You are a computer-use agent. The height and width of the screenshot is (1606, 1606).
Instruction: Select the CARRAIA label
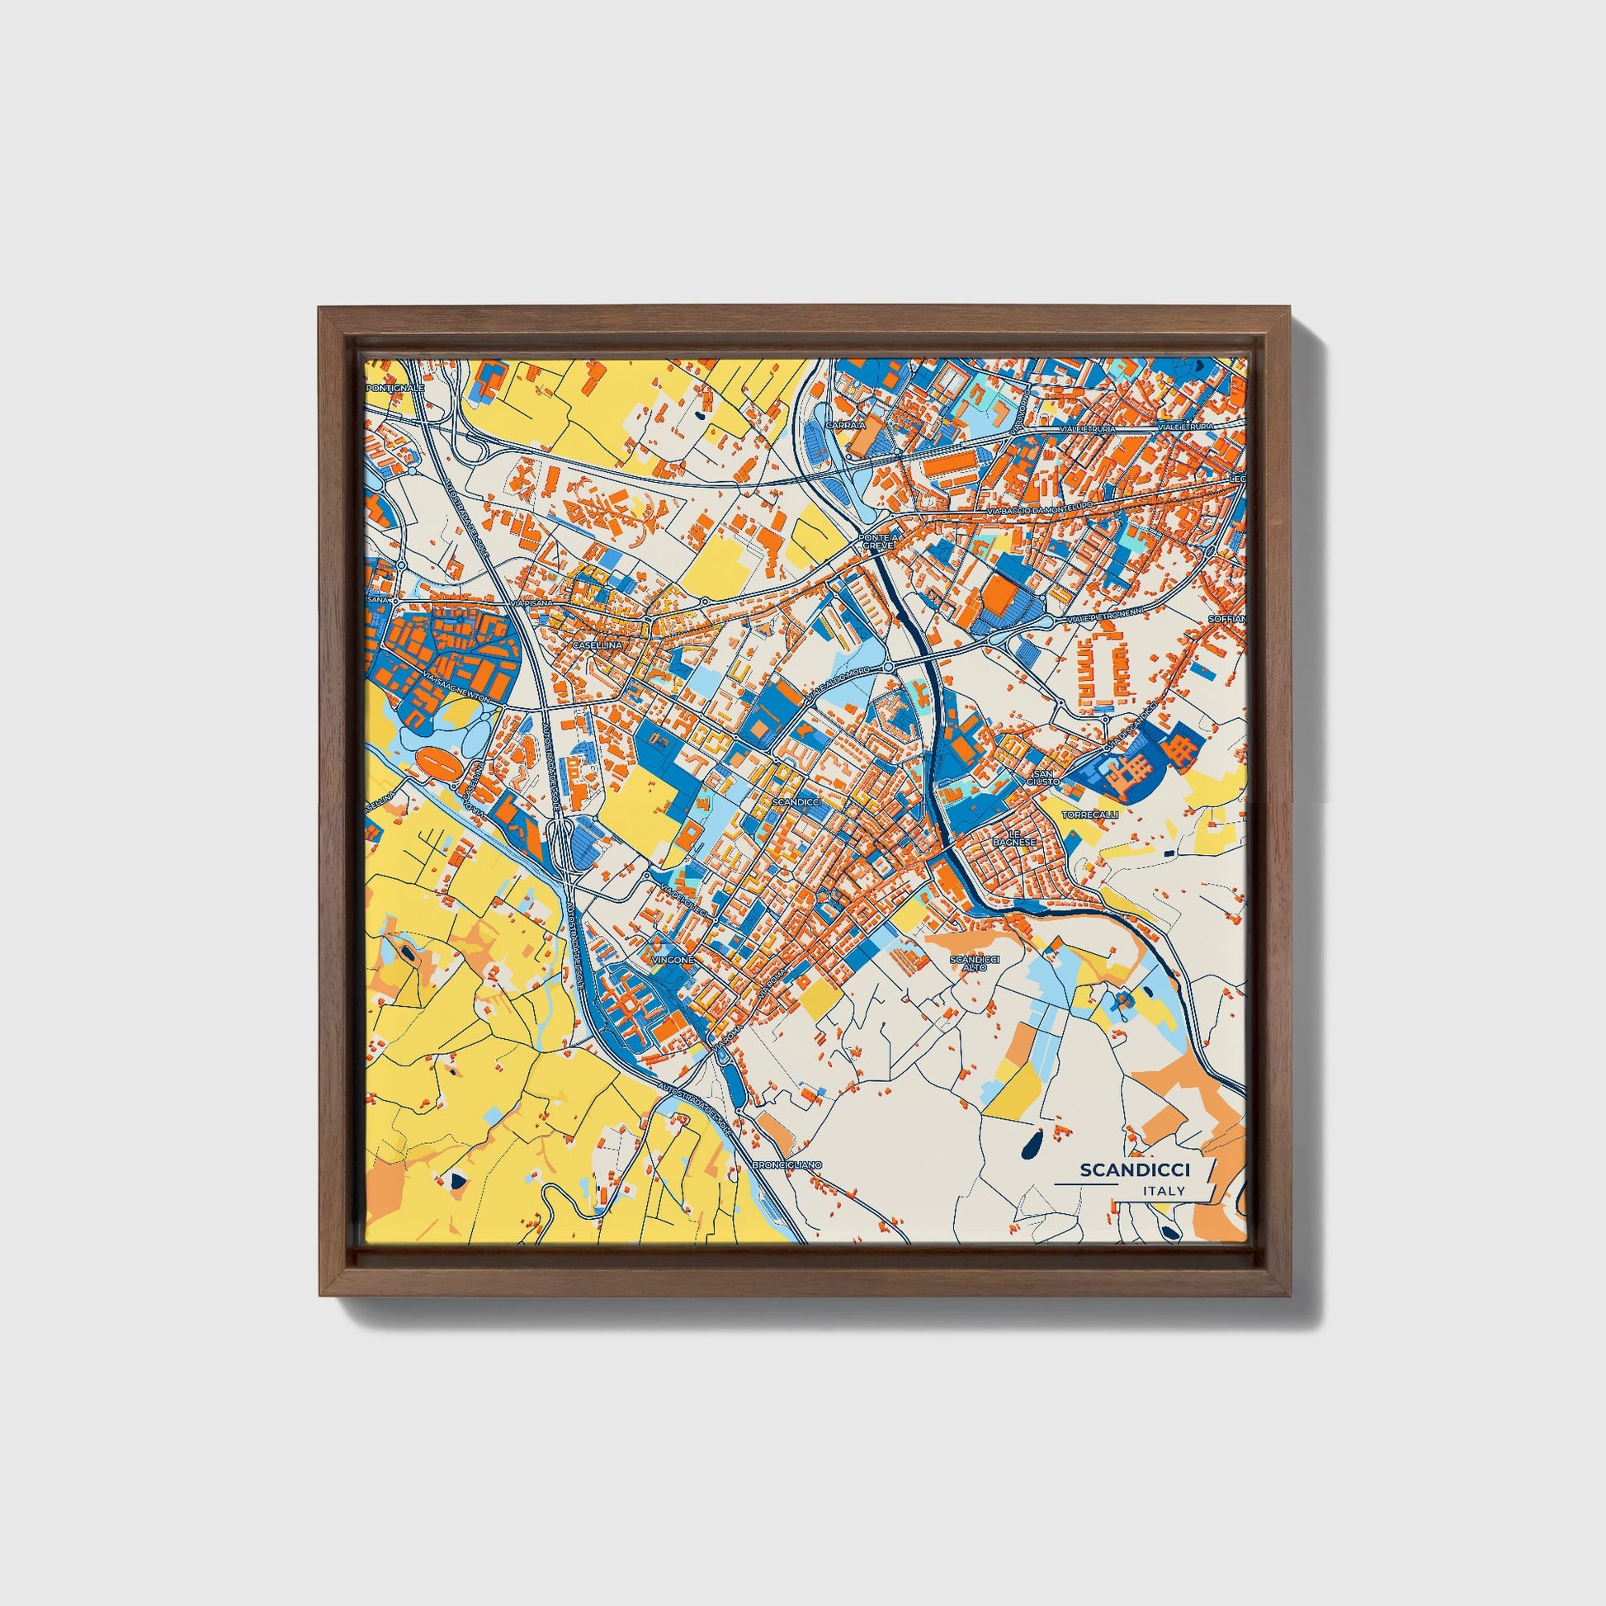845,424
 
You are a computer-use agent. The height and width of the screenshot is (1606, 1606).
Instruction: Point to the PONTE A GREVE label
879,541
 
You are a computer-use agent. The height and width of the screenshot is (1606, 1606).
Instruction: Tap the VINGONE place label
672,959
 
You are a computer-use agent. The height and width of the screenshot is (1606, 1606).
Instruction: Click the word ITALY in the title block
1164,1191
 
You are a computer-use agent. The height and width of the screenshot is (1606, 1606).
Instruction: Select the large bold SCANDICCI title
1135,1170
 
